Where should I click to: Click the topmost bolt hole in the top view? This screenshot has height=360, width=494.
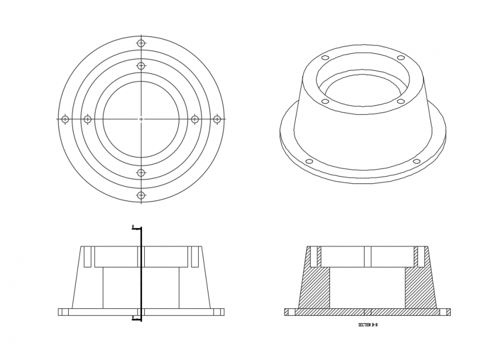click(141, 43)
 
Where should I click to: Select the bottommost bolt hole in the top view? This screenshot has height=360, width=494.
click(141, 195)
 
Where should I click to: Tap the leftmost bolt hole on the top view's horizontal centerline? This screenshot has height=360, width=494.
click(65, 119)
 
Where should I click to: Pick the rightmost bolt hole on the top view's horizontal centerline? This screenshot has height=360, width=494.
click(216, 119)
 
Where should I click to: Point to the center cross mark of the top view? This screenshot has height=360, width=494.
click(141, 119)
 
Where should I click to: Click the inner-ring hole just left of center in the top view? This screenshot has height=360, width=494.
click(87, 119)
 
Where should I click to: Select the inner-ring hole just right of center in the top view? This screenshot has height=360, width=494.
click(195, 119)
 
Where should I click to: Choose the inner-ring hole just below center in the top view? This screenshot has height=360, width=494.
click(141, 173)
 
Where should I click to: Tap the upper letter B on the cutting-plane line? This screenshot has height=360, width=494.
click(133, 227)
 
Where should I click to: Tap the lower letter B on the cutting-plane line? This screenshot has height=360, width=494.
click(133, 317)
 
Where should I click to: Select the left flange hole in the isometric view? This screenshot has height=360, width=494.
click(309, 162)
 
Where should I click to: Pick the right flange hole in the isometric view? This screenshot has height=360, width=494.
click(416, 162)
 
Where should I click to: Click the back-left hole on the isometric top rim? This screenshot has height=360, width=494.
click(325, 58)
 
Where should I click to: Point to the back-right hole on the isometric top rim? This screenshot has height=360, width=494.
click(401, 58)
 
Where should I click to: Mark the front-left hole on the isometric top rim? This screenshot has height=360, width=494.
click(325, 101)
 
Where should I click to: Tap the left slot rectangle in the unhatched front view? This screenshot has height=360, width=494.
click(87, 257)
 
